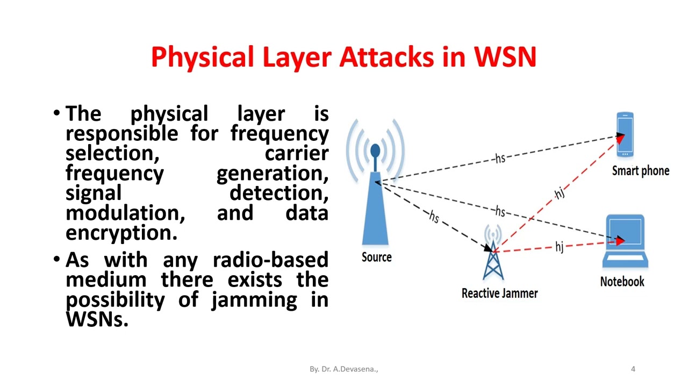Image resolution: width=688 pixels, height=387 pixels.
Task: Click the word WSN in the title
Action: (x=505, y=57)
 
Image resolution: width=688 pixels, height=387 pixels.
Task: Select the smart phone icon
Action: (x=625, y=134)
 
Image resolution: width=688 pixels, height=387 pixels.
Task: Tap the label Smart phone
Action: (x=641, y=171)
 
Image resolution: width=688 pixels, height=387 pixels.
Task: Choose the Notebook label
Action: (x=622, y=282)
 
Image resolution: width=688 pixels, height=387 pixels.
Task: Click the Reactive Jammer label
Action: (x=499, y=293)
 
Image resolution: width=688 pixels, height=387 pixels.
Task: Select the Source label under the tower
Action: (x=376, y=257)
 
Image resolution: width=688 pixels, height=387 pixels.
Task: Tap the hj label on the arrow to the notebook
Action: (x=560, y=247)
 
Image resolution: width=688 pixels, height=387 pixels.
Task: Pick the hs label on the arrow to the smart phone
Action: (x=500, y=158)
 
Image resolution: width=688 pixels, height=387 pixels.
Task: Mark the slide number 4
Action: (x=633, y=369)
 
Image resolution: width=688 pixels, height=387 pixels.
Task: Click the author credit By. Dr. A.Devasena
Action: (x=343, y=369)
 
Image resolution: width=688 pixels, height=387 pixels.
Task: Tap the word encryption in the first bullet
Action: (x=121, y=233)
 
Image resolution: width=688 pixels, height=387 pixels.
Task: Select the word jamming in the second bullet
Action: (x=254, y=299)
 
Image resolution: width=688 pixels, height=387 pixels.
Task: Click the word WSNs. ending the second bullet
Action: (x=97, y=319)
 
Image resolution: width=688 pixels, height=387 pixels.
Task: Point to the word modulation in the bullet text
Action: (x=125, y=213)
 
